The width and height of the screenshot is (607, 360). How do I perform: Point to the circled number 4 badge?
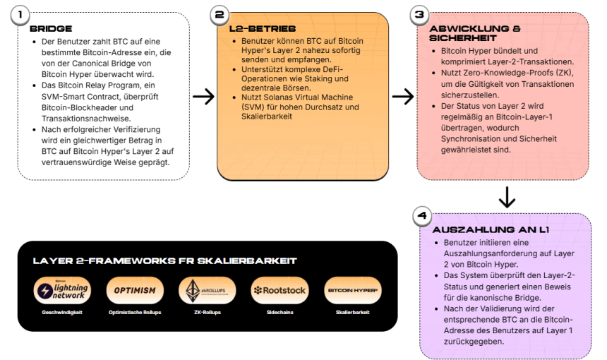click(421, 216)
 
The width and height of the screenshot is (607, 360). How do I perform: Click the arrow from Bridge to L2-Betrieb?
click(203, 97)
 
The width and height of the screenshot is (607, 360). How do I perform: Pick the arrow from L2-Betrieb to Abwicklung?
click(402, 97)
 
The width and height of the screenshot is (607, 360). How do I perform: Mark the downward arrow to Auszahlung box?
click(507, 197)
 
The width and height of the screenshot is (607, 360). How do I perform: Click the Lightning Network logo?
click(63, 290)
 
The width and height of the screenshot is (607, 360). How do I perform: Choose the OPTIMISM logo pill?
click(135, 290)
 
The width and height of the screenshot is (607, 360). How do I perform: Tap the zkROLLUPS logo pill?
click(208, 290)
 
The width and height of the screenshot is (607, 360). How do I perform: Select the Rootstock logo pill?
click(280, 290)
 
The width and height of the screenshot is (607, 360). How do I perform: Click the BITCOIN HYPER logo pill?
click(352, 290)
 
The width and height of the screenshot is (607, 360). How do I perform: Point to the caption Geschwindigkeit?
click(62, 311)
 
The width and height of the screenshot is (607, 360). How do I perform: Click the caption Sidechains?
click(280, 311)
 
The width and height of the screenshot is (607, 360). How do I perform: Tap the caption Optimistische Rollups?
click(135, 311)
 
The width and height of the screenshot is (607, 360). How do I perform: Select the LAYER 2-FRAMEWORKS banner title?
click(164, 260)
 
